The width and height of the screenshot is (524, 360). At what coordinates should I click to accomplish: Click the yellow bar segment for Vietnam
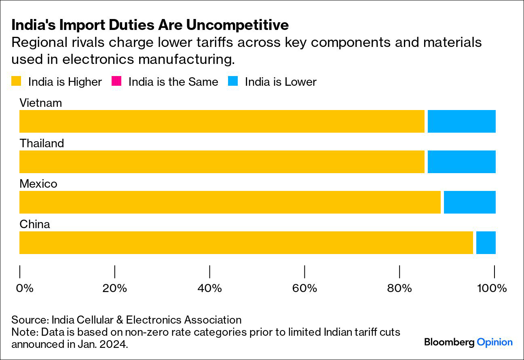click(222, 121)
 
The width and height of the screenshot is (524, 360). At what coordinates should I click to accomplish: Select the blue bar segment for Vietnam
click(461, 121)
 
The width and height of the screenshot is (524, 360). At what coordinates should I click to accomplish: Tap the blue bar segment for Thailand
click(461, 162)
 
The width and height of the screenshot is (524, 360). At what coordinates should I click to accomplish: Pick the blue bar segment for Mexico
click(469, 202)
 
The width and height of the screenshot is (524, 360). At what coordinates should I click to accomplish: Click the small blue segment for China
click(486, 243)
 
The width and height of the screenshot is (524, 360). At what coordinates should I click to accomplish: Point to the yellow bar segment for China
click(246, 243)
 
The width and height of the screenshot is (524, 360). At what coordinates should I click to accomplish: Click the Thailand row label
click(42, 143)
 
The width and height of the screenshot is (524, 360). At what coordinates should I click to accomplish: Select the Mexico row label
click(38, 184)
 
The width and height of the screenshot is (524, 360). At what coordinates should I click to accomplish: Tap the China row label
click(35, 224)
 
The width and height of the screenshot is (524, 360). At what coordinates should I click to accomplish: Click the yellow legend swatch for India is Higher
click(16, 82)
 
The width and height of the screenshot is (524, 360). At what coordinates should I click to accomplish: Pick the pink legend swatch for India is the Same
click(116, 82)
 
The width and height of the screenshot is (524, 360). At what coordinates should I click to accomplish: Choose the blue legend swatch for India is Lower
click(233, 82)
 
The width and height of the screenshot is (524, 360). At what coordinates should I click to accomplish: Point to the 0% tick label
click(24, 288)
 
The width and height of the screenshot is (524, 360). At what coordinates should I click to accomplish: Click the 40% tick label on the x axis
click(209, 288)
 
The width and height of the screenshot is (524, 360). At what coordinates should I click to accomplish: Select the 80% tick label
click(399, 288)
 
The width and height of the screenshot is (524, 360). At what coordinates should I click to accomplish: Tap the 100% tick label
click(492, 288)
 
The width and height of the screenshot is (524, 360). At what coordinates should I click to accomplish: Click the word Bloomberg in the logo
click(449, 342)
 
